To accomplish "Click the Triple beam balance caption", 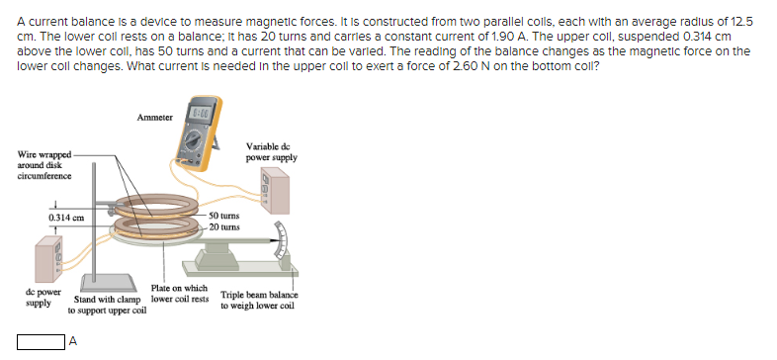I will click(259, 301).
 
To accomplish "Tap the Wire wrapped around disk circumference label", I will click(44, 165).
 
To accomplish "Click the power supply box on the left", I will click(47, 259).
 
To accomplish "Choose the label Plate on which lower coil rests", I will click(179, 294).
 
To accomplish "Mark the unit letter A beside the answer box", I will click(71, 343).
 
